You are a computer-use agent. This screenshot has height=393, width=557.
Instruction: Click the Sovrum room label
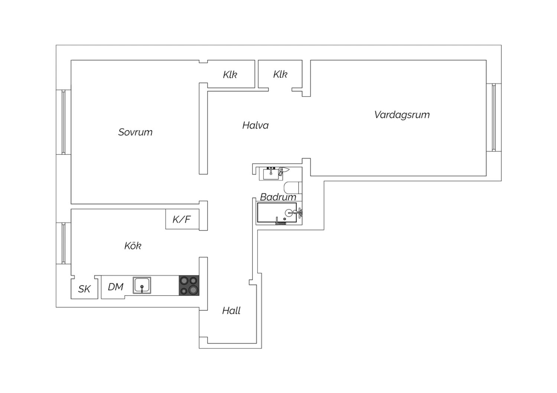(135, 132)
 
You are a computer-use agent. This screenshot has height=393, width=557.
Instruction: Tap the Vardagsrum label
(402, 115)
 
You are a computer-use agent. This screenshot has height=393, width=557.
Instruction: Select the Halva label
(255, 125)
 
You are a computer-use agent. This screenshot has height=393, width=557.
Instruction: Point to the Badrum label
(278, 197)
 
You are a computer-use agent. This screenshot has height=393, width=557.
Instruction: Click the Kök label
(133, 246)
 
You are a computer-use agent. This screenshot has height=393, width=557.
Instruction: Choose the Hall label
(231, 311)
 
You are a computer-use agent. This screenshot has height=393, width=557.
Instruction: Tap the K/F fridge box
(182, 219)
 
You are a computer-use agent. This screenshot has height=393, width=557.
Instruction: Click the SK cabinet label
(84, 289)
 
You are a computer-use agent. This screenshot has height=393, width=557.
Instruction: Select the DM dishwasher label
(115, 287)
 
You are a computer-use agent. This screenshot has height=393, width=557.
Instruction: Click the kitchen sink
(142, 285)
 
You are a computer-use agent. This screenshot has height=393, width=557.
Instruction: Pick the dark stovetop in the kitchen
(189, 285)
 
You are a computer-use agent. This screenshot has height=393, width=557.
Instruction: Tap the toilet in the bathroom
(293, 188)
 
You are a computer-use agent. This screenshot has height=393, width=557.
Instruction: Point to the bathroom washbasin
(271, 174)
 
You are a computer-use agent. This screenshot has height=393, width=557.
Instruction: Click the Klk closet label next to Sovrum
(230, 75)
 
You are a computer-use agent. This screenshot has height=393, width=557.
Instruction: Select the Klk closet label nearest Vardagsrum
(280, 74)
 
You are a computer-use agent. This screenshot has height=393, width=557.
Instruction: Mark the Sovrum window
(63, 122)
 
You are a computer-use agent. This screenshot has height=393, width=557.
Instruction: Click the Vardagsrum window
(494, 118)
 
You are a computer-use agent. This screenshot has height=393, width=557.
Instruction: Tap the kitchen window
(63, 243)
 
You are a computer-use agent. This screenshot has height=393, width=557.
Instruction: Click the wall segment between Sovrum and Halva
(203, 129)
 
